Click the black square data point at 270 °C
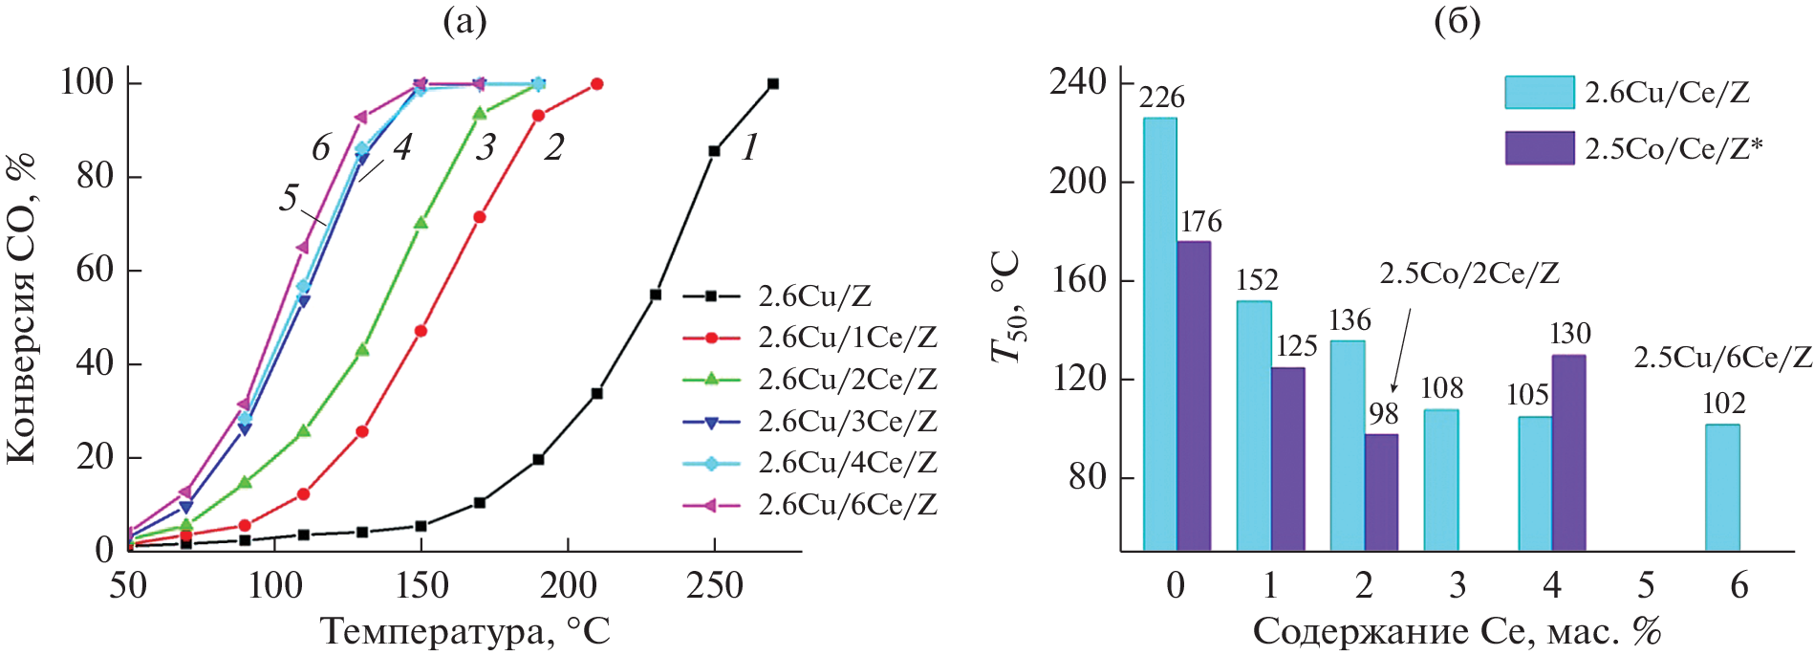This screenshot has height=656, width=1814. tap(773, 84)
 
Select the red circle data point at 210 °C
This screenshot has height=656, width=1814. tap(597, 84)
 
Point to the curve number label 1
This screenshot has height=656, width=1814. tap(750, 147)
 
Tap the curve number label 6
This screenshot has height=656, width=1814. tap(321, 148)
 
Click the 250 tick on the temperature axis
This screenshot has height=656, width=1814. tap(714, 585)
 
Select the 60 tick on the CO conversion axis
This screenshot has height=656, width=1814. tap(95, 271)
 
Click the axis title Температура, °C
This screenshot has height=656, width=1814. tap(464, 631)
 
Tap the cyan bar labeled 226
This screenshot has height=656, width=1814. tap(1160, 334)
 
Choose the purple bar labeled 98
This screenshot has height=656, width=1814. tap(1381, 492)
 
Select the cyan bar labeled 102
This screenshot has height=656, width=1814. tap(1722, 487)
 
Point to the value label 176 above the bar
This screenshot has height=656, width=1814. tap(1200, 222)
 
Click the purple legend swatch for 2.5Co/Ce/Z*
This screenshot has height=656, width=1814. tap(1539, 148)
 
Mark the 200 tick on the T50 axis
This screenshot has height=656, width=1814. tap(1077, 182)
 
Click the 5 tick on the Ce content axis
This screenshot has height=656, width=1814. tap(1646, 585)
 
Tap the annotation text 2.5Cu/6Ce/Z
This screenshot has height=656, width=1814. tap(1722, 358)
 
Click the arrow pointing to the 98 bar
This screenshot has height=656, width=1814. tap(1400, 354)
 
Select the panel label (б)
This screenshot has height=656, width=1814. tap(1458, 21)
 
